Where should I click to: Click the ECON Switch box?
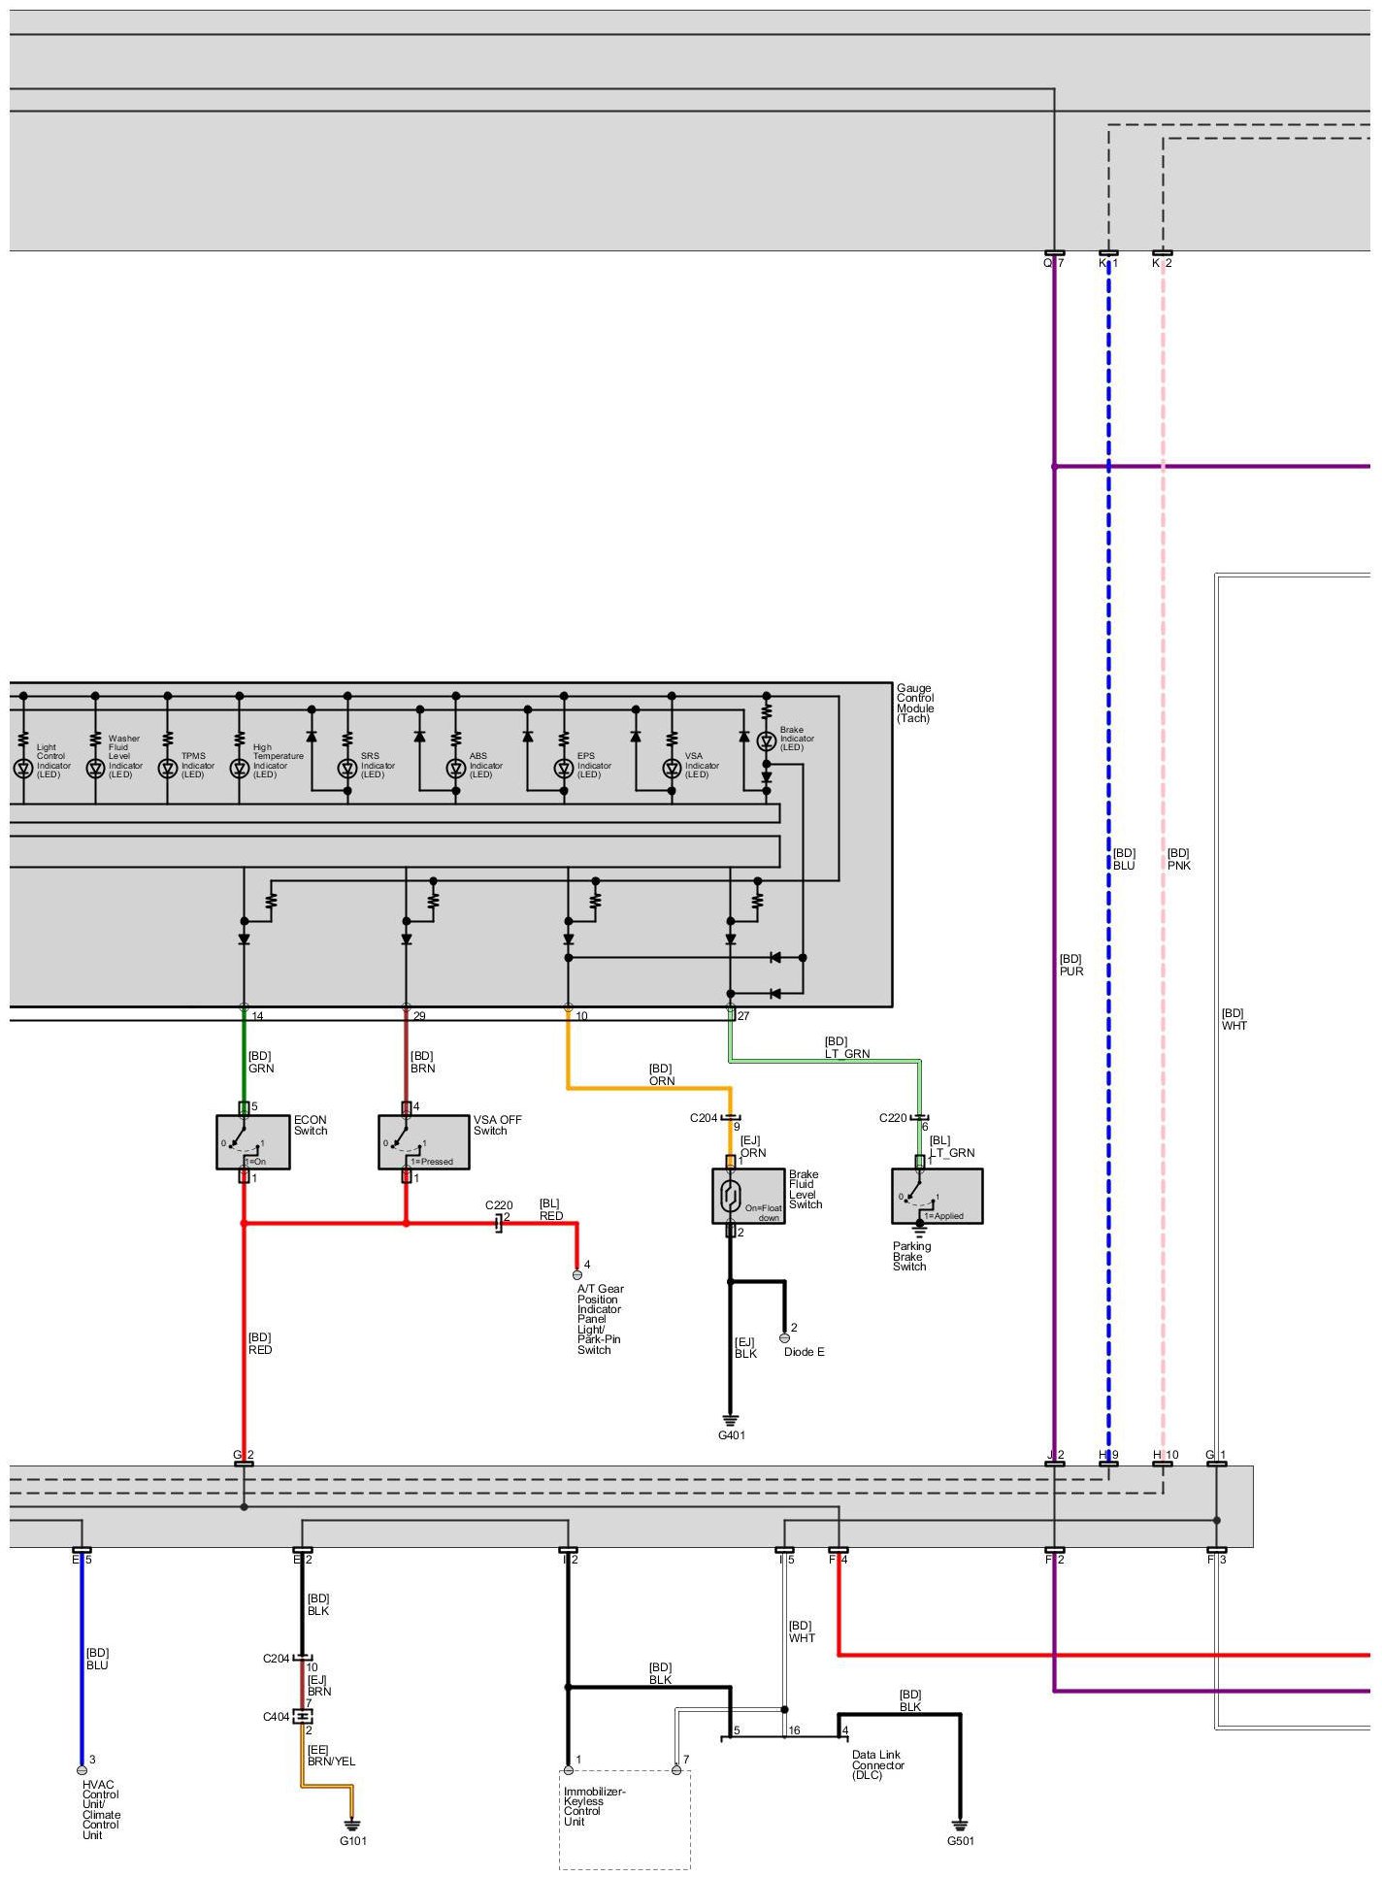(252, 1142)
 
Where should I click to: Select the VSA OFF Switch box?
(423, 1142)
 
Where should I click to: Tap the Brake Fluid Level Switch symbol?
(747, 1196)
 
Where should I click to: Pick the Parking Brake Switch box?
(937, 1196)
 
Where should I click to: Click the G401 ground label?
(732, 1435)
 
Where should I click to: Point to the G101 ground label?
(353, 1841)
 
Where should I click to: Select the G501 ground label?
(961, 1841)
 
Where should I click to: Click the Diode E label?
(805, 1352)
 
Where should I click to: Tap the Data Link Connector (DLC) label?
(878, 1765)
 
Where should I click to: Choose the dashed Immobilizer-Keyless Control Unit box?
(625, 1820)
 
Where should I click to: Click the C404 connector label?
(276, 1717)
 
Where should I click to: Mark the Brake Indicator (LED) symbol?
(766, 741)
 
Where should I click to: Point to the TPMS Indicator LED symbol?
(167, 769)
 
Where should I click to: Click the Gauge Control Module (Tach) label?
(915, 704)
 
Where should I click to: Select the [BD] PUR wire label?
(1071, 965)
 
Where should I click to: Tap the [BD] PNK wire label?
(1178, 859)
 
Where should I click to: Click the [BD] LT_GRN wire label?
(847, 1047)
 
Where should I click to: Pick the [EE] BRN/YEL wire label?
(331, 1756)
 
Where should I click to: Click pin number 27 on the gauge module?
(743, 1016)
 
